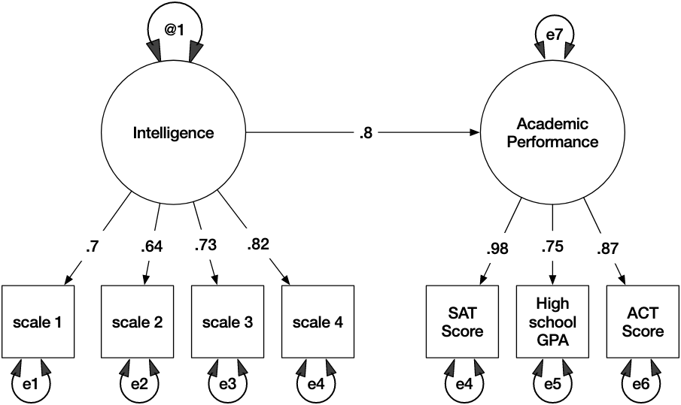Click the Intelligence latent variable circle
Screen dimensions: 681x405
click(x=174, y=133)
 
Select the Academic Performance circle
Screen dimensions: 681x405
click(x=552, y=133)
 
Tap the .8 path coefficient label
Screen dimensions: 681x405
click(x=366, y=133)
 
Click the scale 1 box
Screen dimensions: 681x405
click(x=38, y=322)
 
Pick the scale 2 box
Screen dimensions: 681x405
click(x=138, y=322)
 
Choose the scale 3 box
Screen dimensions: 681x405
click(x=227, y=322)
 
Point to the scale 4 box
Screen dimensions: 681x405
click(x=318, y=322)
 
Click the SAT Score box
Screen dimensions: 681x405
click(x=462, y=322)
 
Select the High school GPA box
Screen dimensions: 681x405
click(x=552, y=322)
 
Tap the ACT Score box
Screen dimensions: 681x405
click(x=643, y=322)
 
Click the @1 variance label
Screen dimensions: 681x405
click(x=174, y=30)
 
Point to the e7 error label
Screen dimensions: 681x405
click(x=554, y=35)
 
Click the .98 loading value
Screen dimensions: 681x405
click(x=497, y=249)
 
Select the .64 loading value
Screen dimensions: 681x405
click(x=151, y=246)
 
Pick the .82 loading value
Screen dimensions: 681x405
click(x=258, y=244)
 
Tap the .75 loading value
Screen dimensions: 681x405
click(x=552, y=246)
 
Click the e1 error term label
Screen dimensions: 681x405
click(x=30, y=384)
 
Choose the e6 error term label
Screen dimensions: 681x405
click(x=641, y=384)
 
